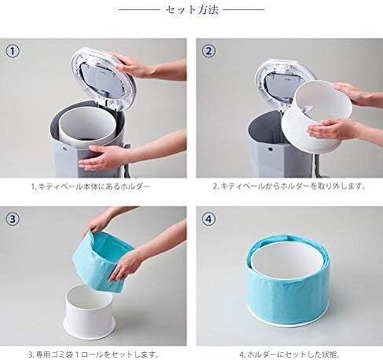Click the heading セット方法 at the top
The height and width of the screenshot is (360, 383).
pyautogui.click(x=191, y=10)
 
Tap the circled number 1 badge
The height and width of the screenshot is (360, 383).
pyautogui.click(x=13, y=51)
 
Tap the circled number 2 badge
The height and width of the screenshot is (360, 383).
pyautogui.click(x=209, y=51)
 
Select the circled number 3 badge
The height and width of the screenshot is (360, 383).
pyautogui.click(x=13, y=219)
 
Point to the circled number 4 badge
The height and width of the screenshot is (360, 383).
pyautogui.click(x=209, y=219)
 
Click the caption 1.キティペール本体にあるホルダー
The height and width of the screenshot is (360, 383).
pyautogui.click(x=90, y=187)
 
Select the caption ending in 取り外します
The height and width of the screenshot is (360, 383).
pyautogui.click(x=289, y=187)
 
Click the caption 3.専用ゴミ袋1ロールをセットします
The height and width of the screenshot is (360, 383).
pyautogui.click(x=93, y=355)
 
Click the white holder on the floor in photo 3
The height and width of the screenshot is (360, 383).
pyautogui.click(x=89, y=314)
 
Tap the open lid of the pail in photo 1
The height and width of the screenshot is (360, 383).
pyautogui.click(x=103, y=78)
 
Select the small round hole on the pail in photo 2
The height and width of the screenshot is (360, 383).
pyautogui.click(x=270, y=149)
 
